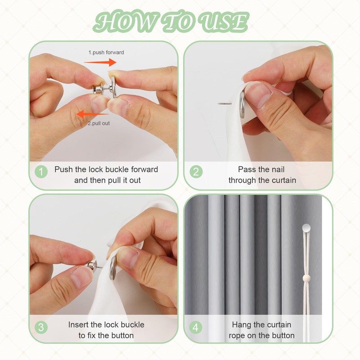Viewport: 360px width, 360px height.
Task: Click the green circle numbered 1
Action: (41, 172)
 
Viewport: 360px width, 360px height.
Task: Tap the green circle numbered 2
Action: (196, 172)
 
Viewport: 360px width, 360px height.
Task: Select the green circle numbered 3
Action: (41, 327)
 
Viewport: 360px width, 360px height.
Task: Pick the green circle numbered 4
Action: (196, 327)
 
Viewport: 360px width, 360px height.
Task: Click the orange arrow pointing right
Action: (100, 62)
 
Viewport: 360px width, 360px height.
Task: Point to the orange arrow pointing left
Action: (92, 114)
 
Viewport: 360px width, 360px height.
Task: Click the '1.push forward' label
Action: (106, 52)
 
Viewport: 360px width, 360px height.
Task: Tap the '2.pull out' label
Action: (99, 123)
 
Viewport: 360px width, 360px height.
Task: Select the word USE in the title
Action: (223, 22)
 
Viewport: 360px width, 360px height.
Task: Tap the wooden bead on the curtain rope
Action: (306, 279)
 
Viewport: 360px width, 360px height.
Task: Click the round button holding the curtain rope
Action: (306, 228)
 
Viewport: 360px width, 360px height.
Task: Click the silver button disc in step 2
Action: (242, 104)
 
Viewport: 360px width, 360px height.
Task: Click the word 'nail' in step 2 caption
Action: (279, 170)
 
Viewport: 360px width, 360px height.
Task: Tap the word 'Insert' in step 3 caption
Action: (78, 324)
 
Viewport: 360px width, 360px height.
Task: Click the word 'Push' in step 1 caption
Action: (63, 170)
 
